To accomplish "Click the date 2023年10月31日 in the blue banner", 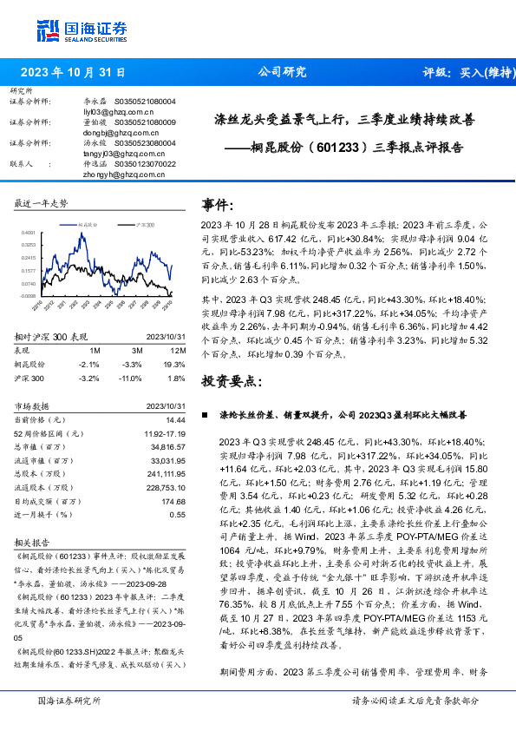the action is pos(73,73).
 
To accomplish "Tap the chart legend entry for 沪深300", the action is pos(144,224).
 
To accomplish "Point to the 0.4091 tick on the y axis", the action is pos(29,233).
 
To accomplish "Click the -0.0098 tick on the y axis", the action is pos(29,295).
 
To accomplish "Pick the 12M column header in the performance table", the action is pos(179,350).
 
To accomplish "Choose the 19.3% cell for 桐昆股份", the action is pos(176,365).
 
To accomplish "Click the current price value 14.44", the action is pos(176,420).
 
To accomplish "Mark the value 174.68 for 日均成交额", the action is pos(174,501).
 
